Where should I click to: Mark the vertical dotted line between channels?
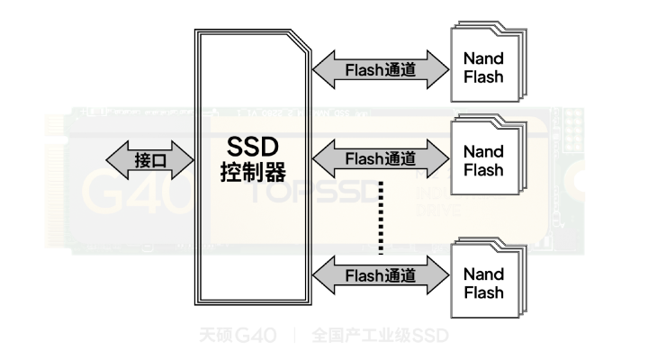tap(381, 216)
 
